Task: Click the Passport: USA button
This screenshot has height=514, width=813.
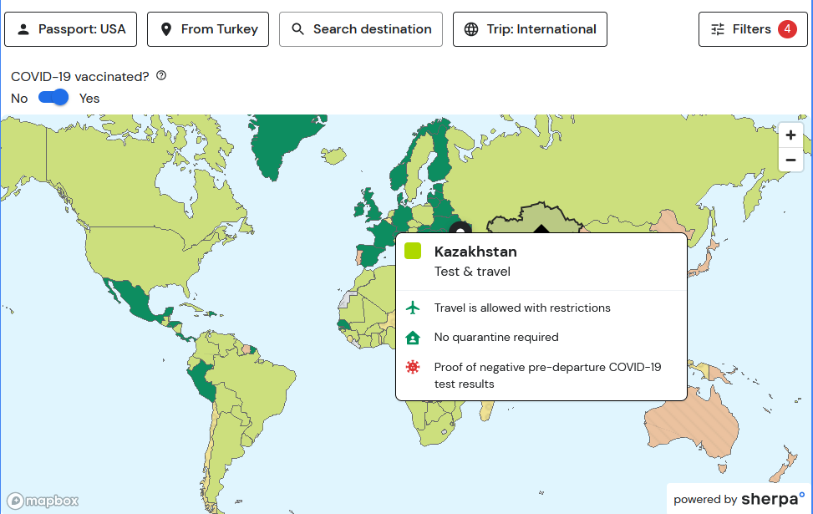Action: [x=70, y=29]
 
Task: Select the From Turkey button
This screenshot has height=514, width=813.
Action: [x=208, y=29]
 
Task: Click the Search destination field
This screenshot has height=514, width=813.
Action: [x=361, y=29]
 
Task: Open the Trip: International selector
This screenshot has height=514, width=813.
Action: [x=530, y=29]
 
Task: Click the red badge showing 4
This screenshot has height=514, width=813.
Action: [x=787, y=29]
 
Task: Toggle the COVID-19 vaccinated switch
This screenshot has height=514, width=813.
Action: [x=53, y=98]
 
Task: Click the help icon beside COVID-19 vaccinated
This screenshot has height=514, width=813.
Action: [x=161, y=76]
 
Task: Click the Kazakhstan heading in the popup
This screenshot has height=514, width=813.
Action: [x=475, y=252]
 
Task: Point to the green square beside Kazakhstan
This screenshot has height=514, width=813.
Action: [x=412, y=251]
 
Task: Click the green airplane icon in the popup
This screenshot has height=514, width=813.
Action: [x=412, y=308]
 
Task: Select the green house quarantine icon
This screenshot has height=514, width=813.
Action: [x=412, y=338]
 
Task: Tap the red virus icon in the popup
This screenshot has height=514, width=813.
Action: [x=412, y=367]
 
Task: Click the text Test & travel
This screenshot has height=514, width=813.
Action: [x=472, y=272]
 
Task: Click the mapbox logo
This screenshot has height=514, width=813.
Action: [x=43, y=501]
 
